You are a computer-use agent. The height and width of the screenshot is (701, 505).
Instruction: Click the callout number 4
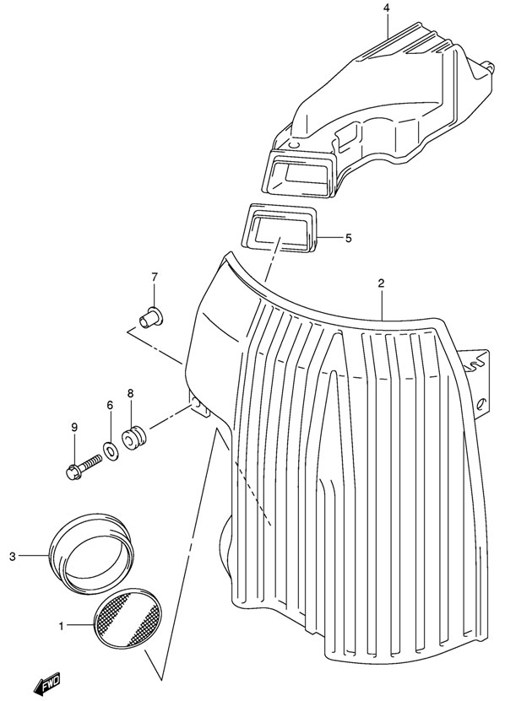click(387, 8)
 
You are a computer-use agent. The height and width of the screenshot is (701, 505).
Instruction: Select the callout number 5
click(348, 238)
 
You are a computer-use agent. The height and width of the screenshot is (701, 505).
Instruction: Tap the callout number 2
click(381, 283)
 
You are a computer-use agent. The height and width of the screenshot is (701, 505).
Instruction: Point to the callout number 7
click(155, 278)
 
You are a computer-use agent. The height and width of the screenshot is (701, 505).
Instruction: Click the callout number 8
click(130, 394)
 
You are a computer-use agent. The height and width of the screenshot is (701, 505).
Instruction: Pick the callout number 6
click(110, 406)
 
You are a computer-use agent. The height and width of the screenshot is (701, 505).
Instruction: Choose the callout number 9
click(74, 427)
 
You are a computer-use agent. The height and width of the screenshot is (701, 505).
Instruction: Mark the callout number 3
click(13, 557)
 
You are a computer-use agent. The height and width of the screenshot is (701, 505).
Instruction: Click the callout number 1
click(62, 626)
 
